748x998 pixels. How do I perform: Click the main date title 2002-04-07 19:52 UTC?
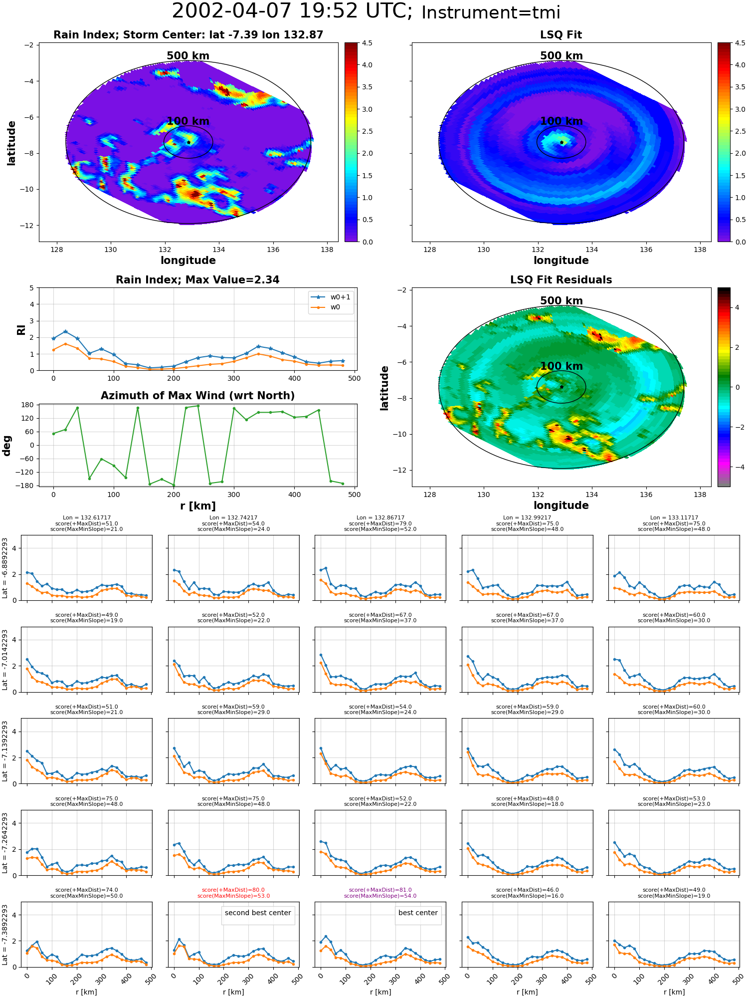(x=292, y=11)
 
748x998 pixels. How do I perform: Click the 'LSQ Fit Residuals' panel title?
(x=561, y=280)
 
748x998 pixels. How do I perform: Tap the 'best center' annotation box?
(x=418, y=913)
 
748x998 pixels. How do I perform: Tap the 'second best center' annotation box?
(x=258, y=913)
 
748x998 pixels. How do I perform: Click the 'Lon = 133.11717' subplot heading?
(x=674, y=518)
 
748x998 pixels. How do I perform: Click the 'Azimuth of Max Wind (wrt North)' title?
(x=198, y=396)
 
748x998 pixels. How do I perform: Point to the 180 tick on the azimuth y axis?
(x=28, y=405)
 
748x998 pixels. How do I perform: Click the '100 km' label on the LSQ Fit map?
(x=561, y=121)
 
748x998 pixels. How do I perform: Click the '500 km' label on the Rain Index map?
(x=188, y=56)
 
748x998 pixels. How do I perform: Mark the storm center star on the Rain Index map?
(x=188, y=142)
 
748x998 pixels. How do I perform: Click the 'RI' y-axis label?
(x=21, y=329)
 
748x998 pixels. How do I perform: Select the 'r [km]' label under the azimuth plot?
(x=198, y=506)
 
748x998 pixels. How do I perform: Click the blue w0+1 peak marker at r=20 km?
(x=65, y=331)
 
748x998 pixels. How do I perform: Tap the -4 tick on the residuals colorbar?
(x=737, y=467)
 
